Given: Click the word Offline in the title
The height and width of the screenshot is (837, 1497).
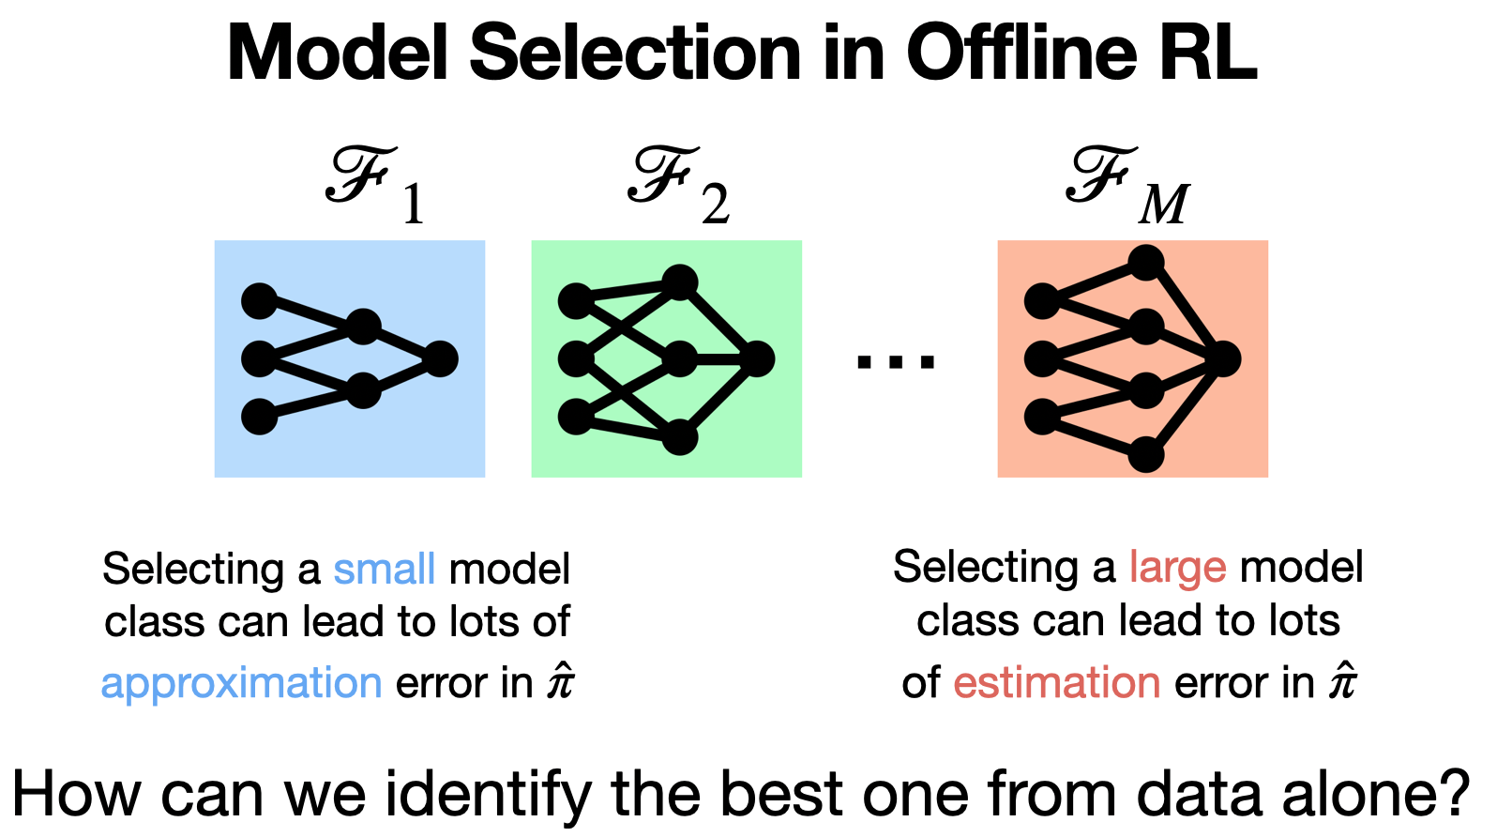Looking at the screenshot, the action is pyautogui.click(x=1021, y=53).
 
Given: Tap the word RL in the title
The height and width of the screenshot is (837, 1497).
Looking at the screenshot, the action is pyautogui.click(x=1209, y=53).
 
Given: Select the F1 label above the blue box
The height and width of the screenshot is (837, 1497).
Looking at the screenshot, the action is pyautogui.click(x=375, y=185).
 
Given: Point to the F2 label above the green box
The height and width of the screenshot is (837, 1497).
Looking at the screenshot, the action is pyautogui.click(x=678, y=185).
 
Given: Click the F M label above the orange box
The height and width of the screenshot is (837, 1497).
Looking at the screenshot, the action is pyautogui.click(x=1127, y=185).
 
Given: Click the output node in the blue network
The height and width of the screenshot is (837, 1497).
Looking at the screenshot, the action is pyautogui.click(x=441, y=359).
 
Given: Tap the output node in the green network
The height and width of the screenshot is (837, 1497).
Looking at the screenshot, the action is pyautogui.click(x=757, y=359).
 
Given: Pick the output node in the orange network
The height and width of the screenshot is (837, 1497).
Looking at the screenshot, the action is pyautogui.click(x=1223, y=359).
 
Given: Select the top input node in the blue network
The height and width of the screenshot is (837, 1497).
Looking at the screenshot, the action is pyautogui.click(x=259, y=301).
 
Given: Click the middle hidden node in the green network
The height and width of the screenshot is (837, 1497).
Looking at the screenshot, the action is pyautogui.click(x=680, y=359).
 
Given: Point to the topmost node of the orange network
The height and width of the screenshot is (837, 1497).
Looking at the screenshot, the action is pyautogui.click(x=1146, y=263).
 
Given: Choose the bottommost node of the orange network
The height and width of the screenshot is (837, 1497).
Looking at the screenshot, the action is pyautogui.click(x=1146, y=454).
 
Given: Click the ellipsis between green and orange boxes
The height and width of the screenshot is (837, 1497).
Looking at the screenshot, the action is pyautogui.click(x=896, y=361).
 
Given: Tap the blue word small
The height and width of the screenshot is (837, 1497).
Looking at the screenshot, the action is pyautogui.click(x=385, y=569).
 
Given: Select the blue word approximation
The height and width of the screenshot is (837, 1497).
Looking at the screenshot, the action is pyautogui.click(x=241, y=683).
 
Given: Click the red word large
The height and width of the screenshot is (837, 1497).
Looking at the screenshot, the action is pyautogui.click(x=1177, y=569).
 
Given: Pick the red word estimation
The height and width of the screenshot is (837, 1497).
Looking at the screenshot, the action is pyautogui.click(x=1056, y=682).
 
